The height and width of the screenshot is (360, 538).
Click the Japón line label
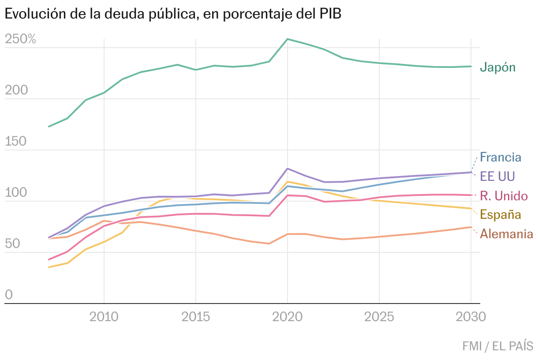pyautogui.click(x=497, y=67)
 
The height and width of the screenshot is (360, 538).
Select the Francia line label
pyautogui.click(x=501, y=157)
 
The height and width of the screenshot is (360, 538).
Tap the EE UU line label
pyautogui.click(x=497, y=176)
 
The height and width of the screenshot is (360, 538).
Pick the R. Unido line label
pyautogui.click(x=504, y=195)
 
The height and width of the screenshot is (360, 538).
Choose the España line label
pyautogui.click(x=500, y=215)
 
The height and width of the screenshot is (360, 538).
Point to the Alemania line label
pyautogui.click(x=506, y=234)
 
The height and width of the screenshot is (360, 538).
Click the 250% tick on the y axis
pyautogui.click(x=20, y=39)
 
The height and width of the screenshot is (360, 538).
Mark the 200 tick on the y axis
pyautogui.click(x=16, y=90)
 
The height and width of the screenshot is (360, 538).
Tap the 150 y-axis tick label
pyautogui.click(x=16, y=142)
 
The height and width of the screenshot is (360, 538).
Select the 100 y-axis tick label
pyautogui.click(x=16, y=193)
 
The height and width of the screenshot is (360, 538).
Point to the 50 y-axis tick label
pyautogui.click(x=13, y=244)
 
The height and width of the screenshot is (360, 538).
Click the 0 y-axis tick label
pyautogui.click(x=9, y=295)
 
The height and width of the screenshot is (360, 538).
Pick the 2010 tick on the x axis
pyautogui.click(x=104, y=317)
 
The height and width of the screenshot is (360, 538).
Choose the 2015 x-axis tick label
pyautogui.click(x=196, y=317)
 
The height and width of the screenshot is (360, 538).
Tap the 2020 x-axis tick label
pyautogui.click(x=288, y=317)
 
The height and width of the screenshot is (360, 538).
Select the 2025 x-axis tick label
pyautogui.click(x=379, y=317)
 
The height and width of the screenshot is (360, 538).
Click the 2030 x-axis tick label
pyautogui.click(x=470, y=317)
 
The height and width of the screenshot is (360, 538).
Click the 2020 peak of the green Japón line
pyautogui.click(x=288, y=39)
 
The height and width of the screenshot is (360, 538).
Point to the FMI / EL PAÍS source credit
pyautogui.click(x=497, y=346)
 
